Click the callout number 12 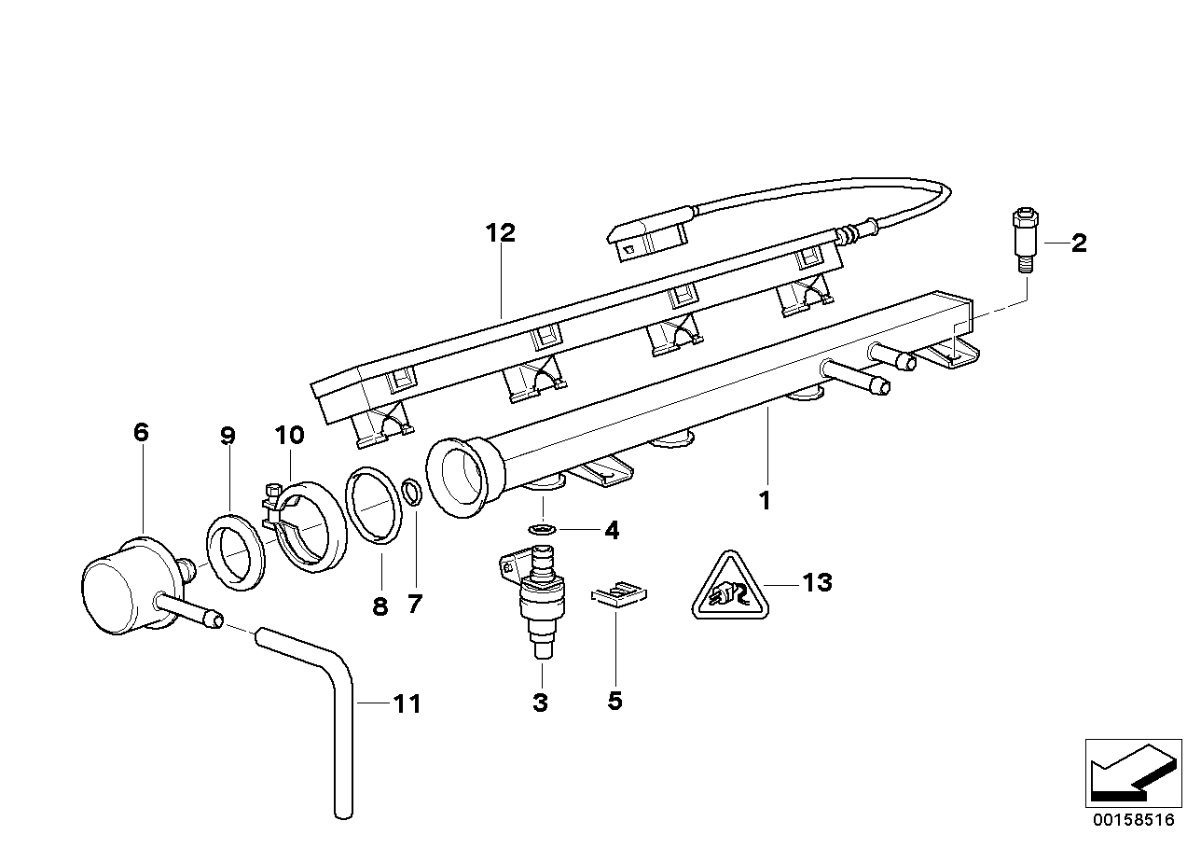(500, 232)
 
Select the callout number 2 (1078, 244)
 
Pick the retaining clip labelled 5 (618, 593)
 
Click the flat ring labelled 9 (237, 558)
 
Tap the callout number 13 (816, 583)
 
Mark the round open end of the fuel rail (459, 476)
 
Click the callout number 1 (765, 501)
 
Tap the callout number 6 (141, 432)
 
